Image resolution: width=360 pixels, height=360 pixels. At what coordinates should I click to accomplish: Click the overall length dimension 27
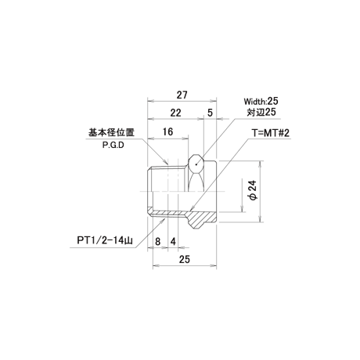coord(182,95)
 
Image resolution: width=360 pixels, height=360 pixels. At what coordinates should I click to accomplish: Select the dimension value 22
coord(175,113)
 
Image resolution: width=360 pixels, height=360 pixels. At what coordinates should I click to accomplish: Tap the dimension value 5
coord(210,113)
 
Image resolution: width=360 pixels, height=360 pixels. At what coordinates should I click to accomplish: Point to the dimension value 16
coord(167,131)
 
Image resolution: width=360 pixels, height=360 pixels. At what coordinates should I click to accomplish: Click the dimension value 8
coord(157,242)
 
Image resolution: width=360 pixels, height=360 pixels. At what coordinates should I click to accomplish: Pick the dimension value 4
coord(173,242)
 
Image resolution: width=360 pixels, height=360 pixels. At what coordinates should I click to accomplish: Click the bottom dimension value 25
coord(185,259)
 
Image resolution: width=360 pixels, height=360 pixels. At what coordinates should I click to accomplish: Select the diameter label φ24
coord(254,190)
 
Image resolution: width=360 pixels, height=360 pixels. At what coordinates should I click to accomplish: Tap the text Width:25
coord(261,101)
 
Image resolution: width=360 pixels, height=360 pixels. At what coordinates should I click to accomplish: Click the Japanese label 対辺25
coord(261,112)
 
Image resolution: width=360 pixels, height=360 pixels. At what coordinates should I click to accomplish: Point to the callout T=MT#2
coord(271,133)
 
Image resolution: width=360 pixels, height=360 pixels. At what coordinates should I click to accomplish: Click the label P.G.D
coord(113,146)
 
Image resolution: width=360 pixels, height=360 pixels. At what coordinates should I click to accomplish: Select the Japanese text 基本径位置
coord(111,132)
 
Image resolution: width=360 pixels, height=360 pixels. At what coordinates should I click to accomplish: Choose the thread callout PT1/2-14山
coord(104,240)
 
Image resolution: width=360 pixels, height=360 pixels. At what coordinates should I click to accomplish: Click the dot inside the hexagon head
coord(196,164)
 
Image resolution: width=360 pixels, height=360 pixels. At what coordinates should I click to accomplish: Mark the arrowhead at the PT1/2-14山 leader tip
coord(163,221)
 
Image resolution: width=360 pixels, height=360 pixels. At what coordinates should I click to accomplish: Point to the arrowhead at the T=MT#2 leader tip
coord(192,208)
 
